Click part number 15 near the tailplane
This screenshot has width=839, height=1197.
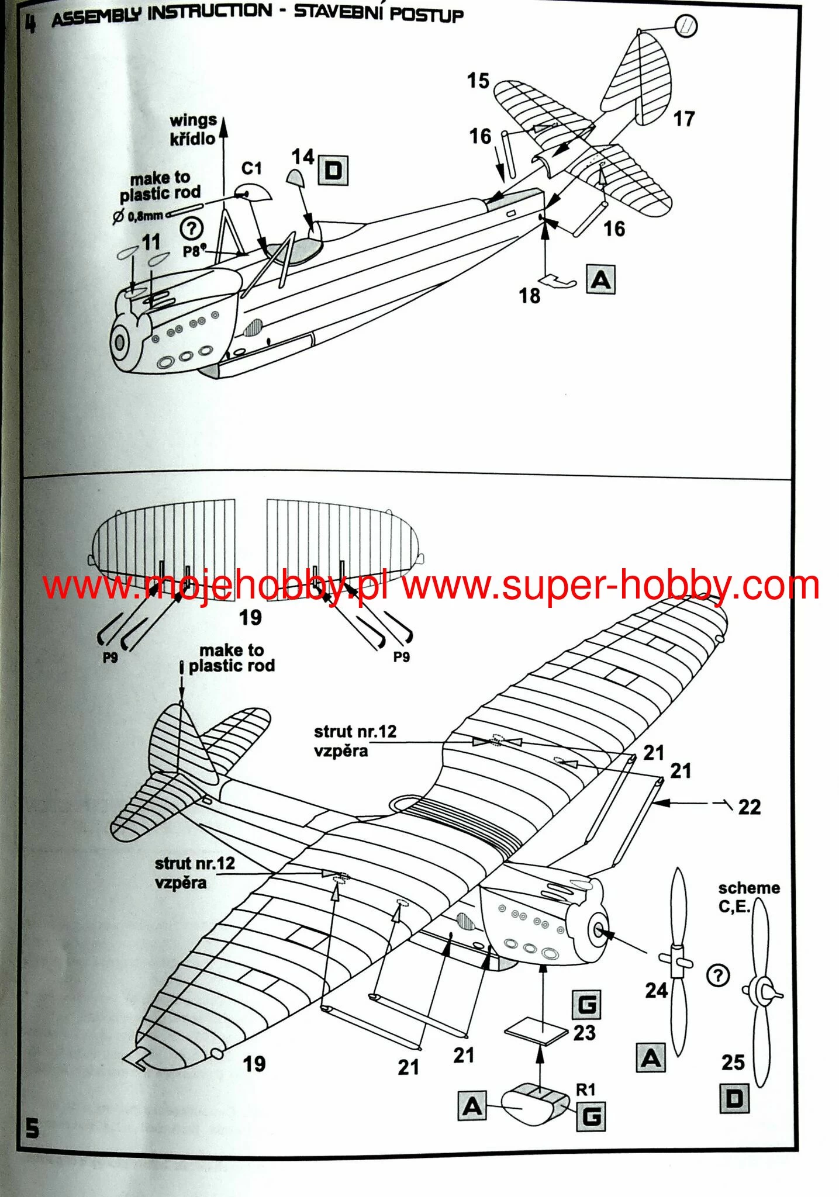[478, 81]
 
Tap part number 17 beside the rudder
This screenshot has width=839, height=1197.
[683, 119]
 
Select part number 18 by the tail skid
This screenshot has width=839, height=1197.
[530, 296]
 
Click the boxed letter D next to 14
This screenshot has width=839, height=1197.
[333, 171]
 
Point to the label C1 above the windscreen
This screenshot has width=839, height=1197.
[251, 169]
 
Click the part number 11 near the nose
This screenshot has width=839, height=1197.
[151, 242]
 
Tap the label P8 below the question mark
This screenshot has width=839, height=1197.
[192, 251]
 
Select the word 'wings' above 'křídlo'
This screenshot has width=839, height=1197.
[193, 121]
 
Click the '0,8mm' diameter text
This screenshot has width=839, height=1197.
[145, 216]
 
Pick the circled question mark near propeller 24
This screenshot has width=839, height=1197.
[718, 975]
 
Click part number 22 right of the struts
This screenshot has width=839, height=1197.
[750, 807]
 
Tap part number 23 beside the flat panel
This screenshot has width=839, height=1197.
[584, 1033]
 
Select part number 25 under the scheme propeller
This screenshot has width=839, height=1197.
[733, 1062]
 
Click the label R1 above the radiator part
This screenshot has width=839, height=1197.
[585, 1089]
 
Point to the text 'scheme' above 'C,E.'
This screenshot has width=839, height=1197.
[749, 888]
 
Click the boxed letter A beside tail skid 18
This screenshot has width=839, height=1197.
[601, 280]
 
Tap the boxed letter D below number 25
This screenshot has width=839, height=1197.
[734, 1099]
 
